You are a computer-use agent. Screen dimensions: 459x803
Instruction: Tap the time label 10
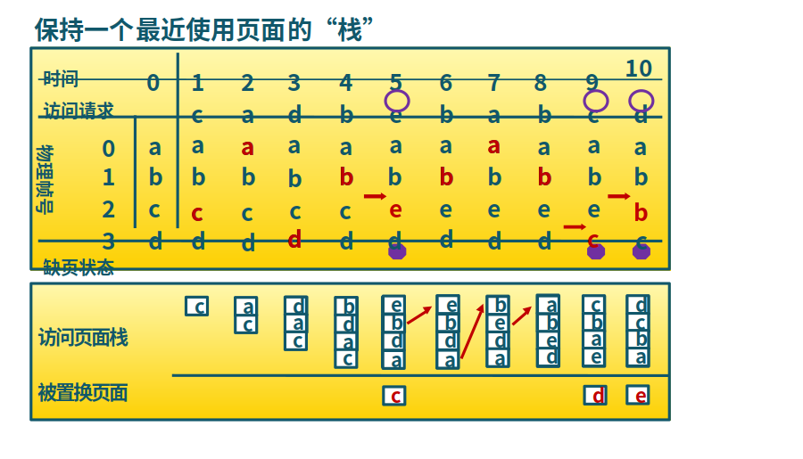tap(638, 69)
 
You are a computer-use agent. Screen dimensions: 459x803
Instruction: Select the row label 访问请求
tap(78, 111)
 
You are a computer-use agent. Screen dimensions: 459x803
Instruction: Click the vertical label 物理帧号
tap(45, 178)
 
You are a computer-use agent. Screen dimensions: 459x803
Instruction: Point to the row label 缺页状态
tap(78, 266)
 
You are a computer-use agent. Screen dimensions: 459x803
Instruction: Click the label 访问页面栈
tap(82, 337)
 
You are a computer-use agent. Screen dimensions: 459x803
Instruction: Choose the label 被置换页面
tap(82, 392)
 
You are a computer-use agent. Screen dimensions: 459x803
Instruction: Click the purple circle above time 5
tap(397, 101)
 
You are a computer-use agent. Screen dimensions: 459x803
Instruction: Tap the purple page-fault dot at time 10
tap(641, 251)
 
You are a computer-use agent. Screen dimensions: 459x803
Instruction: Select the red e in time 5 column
tap(396, 209)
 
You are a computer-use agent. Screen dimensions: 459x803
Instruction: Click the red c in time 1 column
tap(197, 212)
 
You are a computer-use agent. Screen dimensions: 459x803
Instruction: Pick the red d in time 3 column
tap(294, 239)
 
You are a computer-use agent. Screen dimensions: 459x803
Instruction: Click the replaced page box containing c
tap(393, 395)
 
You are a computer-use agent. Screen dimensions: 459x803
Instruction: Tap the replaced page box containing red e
tap(637, 395)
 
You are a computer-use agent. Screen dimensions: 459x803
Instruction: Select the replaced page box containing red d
tap(595, 395)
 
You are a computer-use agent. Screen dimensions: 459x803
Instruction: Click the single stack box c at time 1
tap(196, 307)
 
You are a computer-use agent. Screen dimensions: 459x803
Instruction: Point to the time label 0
tap(153, 83)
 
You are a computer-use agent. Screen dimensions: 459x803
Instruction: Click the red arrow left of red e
tap(375, 196)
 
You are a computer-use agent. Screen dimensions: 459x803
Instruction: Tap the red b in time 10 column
tap(640, 213)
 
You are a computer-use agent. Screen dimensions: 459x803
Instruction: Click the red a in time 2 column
tap(247, 147)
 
